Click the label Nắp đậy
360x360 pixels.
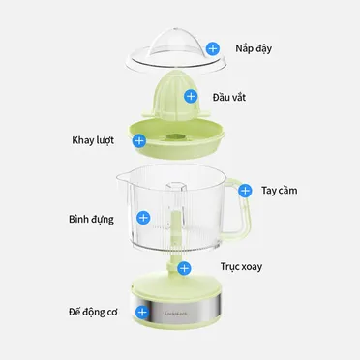(254, 49)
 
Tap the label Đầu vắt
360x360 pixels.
(229, 97)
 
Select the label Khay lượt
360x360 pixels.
(93, 140)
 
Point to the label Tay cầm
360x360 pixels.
(280, 191)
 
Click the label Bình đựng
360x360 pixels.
(91, 220)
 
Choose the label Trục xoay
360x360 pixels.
(241, 267)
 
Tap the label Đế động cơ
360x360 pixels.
(93, 312)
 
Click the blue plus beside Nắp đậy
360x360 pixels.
(213, 48)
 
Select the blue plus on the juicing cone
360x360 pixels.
(191, 96)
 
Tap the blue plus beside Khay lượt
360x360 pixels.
(139, 140)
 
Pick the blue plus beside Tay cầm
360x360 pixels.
(245, 191)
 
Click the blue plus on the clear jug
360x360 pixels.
(143, 218)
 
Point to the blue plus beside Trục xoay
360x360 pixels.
(184, 268)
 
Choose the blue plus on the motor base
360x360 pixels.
(142, 312)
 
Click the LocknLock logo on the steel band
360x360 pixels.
(176, 314)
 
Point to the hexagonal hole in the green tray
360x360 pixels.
(176, 136)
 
